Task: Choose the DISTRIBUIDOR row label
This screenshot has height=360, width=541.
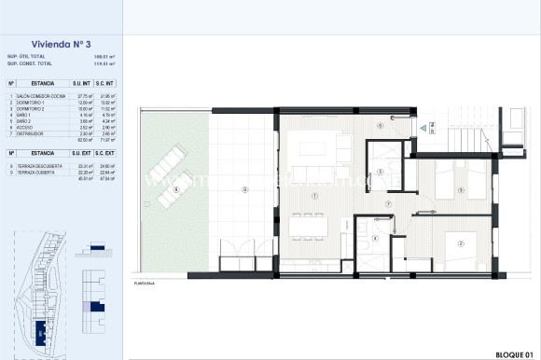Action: (x=29, y=133)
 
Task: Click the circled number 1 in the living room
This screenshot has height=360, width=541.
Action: (x=316, y=195)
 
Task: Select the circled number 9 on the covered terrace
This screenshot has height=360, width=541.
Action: (x=243, y=190)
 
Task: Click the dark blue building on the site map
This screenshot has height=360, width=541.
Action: (x=41, y=330)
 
